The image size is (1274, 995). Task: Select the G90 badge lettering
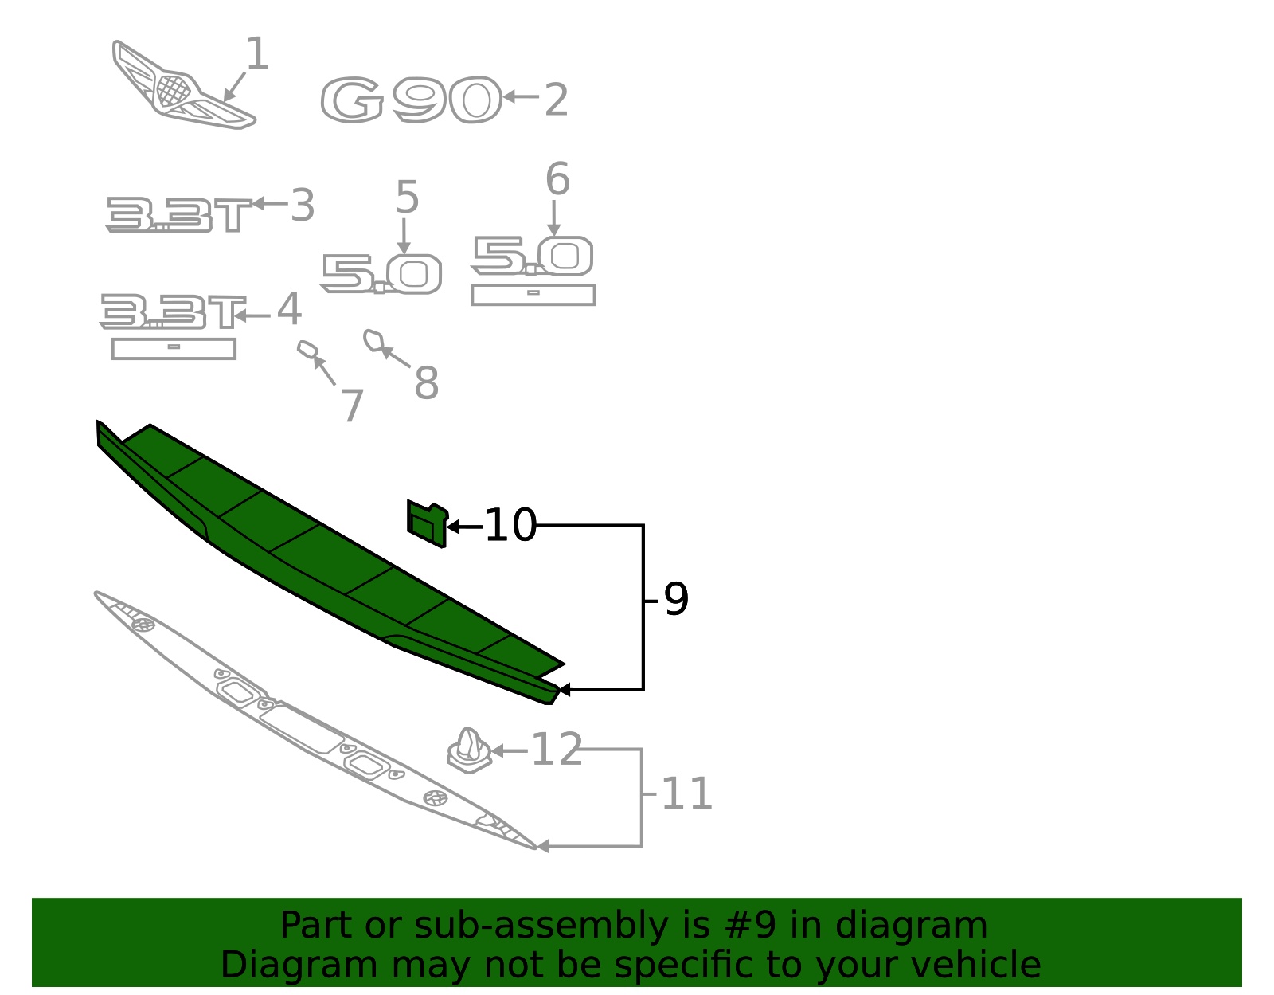(x=411, y=100)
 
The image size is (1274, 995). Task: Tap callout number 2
(x=556, y=100)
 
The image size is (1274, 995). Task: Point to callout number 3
(x=302, y=206)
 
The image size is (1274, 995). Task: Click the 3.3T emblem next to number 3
(x=178, y=215)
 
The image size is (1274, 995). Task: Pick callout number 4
(x=288, y=309)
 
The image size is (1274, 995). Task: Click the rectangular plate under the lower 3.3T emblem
(x=174, y=348)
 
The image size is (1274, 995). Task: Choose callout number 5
(x=407, y=197)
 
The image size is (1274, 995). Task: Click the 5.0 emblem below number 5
(x=381, y=274)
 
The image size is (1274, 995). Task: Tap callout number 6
(x=557, y=179)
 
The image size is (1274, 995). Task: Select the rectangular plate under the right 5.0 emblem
(x=533, y=294)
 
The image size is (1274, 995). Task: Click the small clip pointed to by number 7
(x=307, y=349)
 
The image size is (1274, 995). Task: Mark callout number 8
(x=426, y=383)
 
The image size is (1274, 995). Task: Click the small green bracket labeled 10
(x=427, y=524)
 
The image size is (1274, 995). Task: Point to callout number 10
(x=510, y=526)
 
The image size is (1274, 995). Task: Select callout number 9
(x=675, y=599)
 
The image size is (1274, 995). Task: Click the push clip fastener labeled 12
(x=469, y=750)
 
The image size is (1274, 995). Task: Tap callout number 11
(x=686, y=794)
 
